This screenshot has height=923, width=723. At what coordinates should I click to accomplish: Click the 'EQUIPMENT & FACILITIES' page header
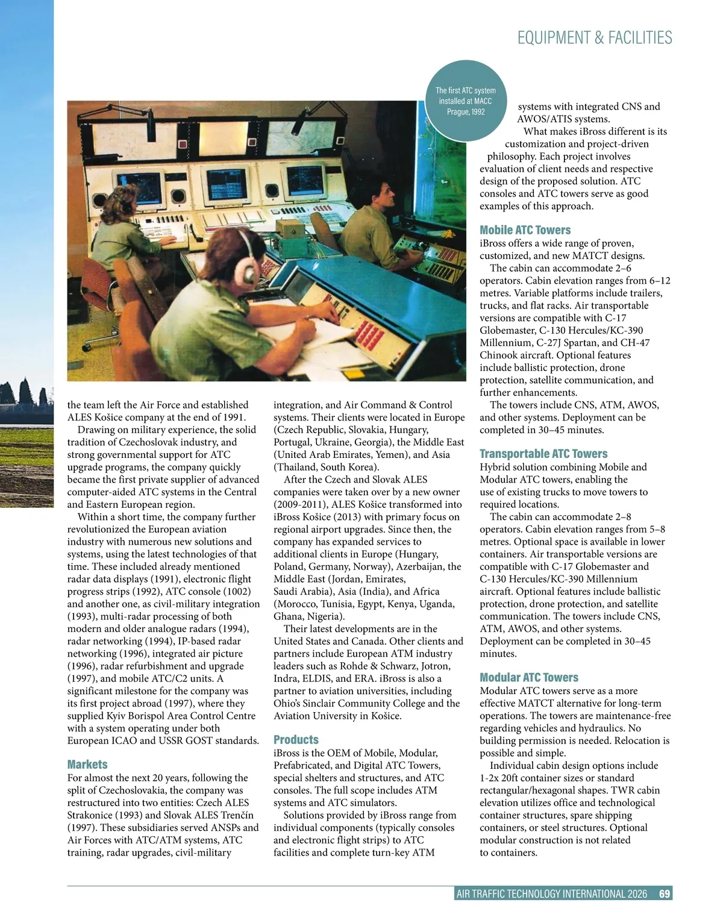coord(594,37)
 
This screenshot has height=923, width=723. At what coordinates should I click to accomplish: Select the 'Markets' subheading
coord(87,764)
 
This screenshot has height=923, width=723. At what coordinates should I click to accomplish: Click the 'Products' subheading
coord(296,739)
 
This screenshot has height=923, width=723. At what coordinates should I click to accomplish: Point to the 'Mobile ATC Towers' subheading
coord(525,230)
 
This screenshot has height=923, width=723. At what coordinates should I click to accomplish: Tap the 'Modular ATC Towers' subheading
coord(528,677)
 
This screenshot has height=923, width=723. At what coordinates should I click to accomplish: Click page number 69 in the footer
coord(665,893)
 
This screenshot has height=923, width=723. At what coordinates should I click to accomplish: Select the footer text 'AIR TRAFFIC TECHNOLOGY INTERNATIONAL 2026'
coord(552,893)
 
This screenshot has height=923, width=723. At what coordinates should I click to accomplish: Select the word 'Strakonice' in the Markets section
coord(91,815)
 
